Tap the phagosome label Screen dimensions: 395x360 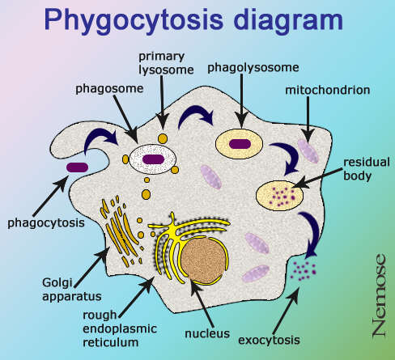109,89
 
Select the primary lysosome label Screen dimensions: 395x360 166,63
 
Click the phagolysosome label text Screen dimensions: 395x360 253,68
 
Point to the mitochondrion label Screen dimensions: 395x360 328,90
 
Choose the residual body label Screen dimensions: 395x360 367,169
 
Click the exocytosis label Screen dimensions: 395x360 269,340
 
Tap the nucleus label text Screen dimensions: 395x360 207,334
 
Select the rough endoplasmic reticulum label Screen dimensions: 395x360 120,328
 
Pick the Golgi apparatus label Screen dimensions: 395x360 72,290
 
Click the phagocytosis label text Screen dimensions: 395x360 46,223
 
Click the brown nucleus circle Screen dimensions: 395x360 203,260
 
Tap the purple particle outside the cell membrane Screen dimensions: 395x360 77,167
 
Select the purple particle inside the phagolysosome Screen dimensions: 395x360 240,144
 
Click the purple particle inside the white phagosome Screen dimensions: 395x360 153,159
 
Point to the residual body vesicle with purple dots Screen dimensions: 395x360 279,195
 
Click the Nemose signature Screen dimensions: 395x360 379,295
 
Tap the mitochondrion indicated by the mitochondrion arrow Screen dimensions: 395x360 308,151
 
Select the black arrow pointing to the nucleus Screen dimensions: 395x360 202,303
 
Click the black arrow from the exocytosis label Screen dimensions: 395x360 287,311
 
